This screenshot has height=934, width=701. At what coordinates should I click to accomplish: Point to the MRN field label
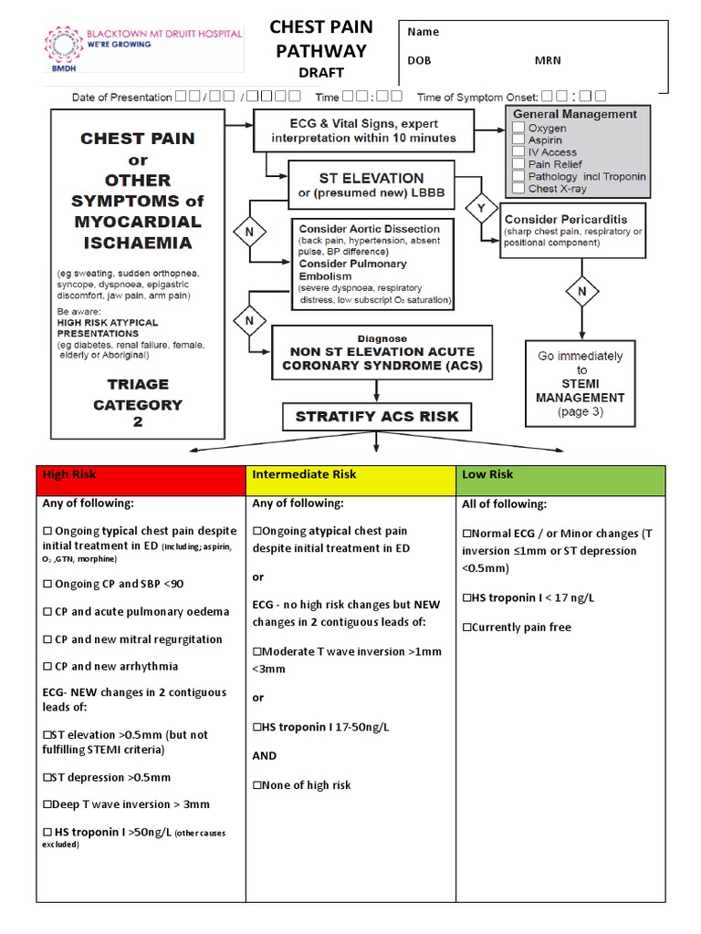[x=548, y=61]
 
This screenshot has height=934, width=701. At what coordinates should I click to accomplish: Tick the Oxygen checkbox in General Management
[x=518, y=130]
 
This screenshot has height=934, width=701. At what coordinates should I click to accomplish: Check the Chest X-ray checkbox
[x=518, y=189]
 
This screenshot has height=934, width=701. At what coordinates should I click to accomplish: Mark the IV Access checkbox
[x=518, y=153]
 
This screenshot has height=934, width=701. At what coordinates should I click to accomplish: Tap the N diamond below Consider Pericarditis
[x=581, y=292]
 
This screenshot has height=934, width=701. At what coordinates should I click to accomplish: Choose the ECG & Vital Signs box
[x=363, y=131]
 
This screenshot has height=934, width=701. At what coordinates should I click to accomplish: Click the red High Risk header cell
[x=142, y=480]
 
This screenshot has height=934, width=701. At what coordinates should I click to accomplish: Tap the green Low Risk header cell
[x=560, y=480]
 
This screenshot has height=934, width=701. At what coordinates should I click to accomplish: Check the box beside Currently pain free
[x=467, y=628]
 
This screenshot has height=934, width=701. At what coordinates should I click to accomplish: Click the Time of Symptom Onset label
[x=476, y=97]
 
